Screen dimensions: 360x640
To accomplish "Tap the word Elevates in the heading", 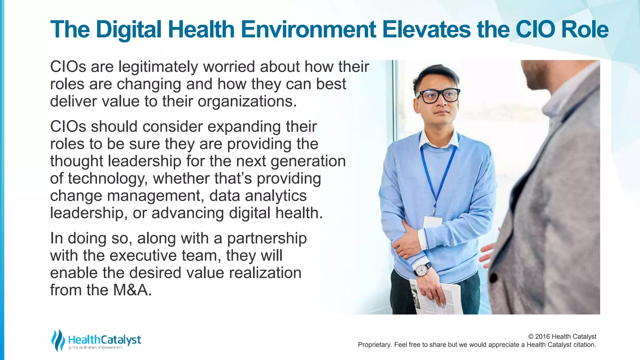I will click(x=426, y=29).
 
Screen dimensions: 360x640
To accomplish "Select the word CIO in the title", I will click(x=535, y=29).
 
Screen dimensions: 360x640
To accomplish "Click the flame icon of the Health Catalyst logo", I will click(x=58, y=340).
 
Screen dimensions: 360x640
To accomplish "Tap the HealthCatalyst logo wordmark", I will click(x=105, y=340).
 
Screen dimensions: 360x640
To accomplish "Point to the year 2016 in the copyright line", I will click(x=542, y=337).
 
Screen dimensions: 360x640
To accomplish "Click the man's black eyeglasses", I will click(x=438, y=95).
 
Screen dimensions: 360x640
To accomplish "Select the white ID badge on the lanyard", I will click(x=432, y=222).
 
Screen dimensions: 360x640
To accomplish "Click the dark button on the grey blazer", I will click(x=493, y=277).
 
